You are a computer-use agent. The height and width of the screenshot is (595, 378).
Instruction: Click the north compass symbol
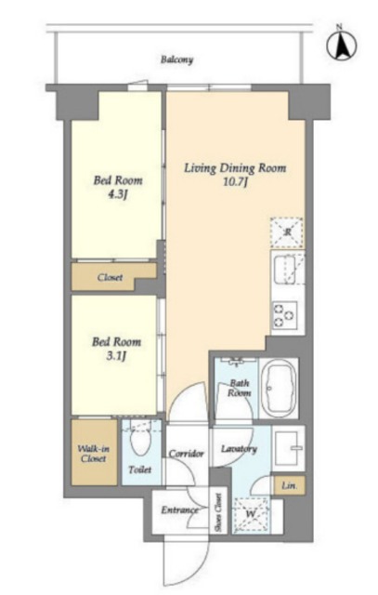tap(341, 45)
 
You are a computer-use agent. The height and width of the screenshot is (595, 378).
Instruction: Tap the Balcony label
tap(176, 59)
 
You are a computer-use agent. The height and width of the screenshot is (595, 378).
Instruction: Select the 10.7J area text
tap(235, 182)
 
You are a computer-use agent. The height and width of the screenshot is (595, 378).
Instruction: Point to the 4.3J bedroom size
tap(118, 194)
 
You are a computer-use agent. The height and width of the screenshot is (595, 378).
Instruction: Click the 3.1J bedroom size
tap(116, 356)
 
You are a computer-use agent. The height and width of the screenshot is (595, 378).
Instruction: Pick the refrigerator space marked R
tap(287, 232)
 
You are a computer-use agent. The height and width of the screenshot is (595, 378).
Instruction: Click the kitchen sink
tap(285, 270)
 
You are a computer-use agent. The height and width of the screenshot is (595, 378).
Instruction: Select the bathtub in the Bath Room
tap(279, 388)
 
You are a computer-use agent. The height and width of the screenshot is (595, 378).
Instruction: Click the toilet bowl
tap(140, 441)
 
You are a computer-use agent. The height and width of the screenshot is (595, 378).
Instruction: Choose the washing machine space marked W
tap(251, 514)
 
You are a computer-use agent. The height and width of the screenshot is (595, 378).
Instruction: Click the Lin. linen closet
tap(289, 485)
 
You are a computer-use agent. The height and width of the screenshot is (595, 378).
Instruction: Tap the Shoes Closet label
tap(219, 512)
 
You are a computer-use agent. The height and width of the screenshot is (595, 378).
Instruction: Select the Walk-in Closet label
tap(93, 454)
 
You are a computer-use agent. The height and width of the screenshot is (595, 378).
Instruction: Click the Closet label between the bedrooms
tap(110, 277)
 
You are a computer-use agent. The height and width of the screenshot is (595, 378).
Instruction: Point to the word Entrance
tap(179, 510)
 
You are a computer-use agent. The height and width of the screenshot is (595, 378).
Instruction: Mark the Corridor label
tap(186, 454)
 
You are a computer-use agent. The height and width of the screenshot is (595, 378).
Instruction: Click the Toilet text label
tap(140, 469)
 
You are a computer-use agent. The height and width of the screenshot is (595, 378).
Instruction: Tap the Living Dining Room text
tap(235, 168)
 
